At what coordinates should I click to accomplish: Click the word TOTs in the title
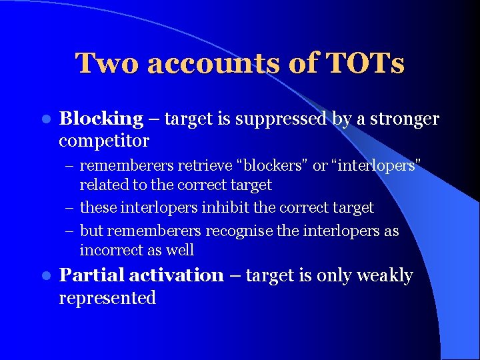[365, 64]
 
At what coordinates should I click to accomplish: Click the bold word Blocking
[101, 119]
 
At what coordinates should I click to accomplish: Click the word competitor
[103, 141]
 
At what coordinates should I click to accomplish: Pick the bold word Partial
[91, 276]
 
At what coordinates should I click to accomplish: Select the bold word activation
[177, 276]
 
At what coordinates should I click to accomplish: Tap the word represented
[107, 298]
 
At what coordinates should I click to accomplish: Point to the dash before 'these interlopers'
[70, 208]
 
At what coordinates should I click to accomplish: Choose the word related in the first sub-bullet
[103, 185]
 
